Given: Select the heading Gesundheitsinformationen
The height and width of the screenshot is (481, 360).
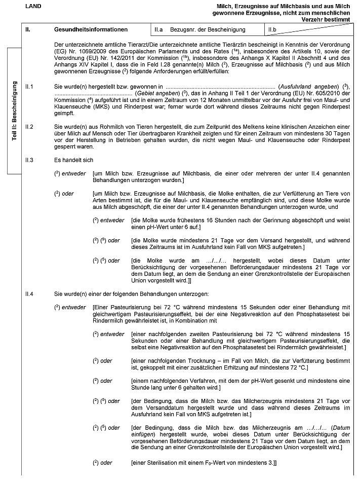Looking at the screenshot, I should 91,30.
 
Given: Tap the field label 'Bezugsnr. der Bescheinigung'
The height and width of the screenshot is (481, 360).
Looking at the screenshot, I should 208,30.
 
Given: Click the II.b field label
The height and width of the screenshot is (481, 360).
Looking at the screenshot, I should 272,30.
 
